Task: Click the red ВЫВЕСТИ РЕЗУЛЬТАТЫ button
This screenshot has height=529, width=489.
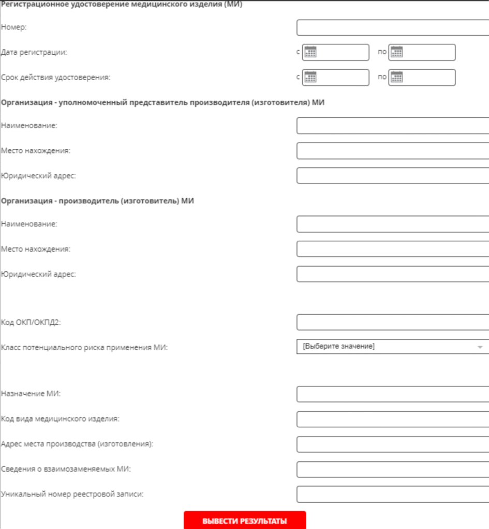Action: pos(245,520)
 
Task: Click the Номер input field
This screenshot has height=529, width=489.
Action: pos(392,27)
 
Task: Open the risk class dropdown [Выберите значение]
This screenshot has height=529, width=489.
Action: pos(388,346)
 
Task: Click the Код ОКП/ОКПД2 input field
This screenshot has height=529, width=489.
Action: pos(392,322)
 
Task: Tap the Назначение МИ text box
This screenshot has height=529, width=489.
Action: pos(392,394)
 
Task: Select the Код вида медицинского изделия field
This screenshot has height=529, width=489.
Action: pos(392,419)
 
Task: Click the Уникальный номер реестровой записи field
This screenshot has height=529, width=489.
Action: pos(392,494)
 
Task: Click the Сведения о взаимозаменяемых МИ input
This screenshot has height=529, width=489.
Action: pos(392,469)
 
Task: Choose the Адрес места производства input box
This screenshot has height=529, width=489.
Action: pos(392,444)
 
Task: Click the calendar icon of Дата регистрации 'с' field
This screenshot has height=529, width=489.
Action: pos(310,52)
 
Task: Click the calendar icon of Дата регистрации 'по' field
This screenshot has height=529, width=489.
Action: pos(396,52)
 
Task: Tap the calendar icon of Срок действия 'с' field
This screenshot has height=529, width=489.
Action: pos(310,77)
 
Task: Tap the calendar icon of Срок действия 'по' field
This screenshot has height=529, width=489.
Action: pos(396,77)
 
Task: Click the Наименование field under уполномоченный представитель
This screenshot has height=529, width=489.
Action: pos(392,126)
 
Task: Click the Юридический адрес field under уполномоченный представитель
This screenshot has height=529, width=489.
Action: pos(392,176)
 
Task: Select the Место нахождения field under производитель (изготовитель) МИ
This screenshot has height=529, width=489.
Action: pos(392,249)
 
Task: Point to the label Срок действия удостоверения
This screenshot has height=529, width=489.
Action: pos(56,77)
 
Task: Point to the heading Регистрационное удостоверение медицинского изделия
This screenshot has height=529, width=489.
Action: pos(122,4)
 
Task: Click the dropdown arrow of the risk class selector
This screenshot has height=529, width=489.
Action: pos(480,347)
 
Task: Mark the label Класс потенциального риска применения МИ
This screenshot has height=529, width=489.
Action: pos(84,347)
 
